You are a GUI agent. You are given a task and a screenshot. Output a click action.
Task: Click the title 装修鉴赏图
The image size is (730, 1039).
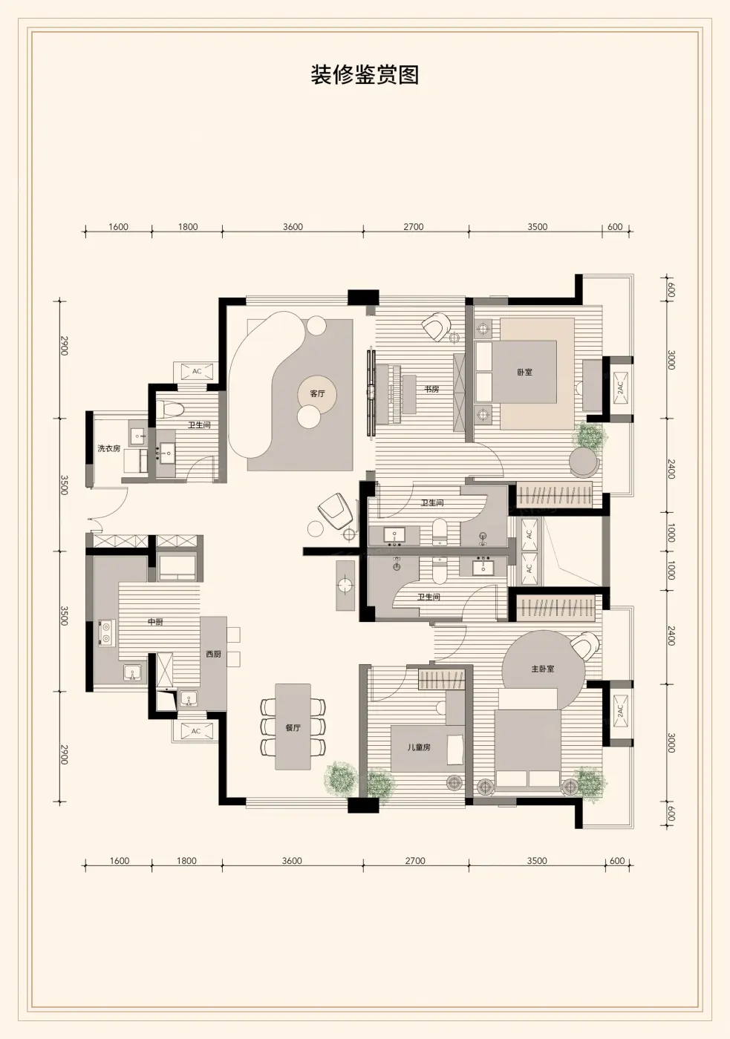[365, 75]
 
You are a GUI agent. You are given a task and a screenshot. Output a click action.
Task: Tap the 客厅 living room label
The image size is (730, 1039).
[317, 394]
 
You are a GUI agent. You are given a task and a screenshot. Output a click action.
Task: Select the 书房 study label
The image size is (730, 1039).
[431, 389]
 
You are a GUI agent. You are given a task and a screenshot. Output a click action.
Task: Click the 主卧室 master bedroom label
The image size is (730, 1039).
[543, 669]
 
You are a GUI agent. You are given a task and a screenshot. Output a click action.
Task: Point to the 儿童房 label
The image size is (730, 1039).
[419, 747]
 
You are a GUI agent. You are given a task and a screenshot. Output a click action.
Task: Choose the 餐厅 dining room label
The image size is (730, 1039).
[293, 728]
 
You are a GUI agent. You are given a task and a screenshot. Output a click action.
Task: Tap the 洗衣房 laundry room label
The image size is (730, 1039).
[109, 448]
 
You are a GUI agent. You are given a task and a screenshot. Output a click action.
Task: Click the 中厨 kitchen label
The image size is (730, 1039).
[155, 622]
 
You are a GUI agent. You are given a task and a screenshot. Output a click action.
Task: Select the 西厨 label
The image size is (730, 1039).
[213, 654]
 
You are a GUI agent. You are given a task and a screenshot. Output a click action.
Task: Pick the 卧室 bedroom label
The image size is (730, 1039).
[524, 372]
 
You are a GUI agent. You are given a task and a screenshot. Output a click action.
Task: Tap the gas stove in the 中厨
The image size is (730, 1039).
[106, 633]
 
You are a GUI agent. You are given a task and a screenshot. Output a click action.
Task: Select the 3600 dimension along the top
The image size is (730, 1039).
[293, 227]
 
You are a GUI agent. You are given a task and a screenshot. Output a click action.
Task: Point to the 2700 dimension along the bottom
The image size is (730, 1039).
[415, 861]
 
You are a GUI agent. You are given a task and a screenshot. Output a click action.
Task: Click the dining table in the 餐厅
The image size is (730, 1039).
[293, 727]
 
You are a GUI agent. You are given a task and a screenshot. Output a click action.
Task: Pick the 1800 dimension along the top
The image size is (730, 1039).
[187, 227]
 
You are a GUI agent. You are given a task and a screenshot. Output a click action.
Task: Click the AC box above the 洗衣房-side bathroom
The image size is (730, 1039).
[197, 372]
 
